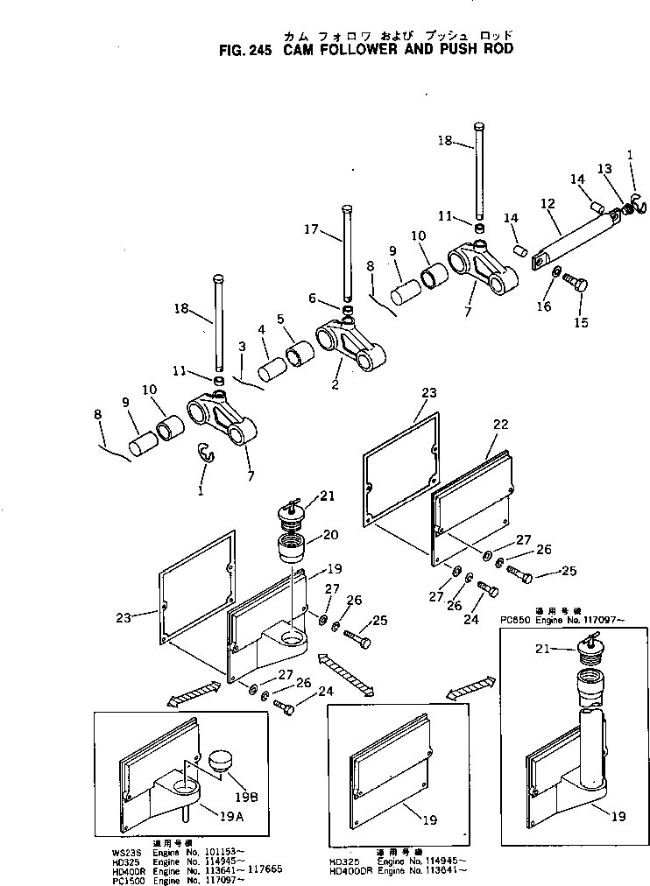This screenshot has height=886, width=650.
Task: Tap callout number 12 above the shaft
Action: tap(548, 203)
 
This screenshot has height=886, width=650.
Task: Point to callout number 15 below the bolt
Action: tap(580, 322)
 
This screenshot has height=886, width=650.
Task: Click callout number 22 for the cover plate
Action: tap(500, 424)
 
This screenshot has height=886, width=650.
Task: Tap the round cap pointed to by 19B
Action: tap(219, 760)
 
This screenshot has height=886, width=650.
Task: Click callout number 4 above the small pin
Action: tap(261, 329)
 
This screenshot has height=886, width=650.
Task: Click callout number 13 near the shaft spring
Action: tap(605, 168)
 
